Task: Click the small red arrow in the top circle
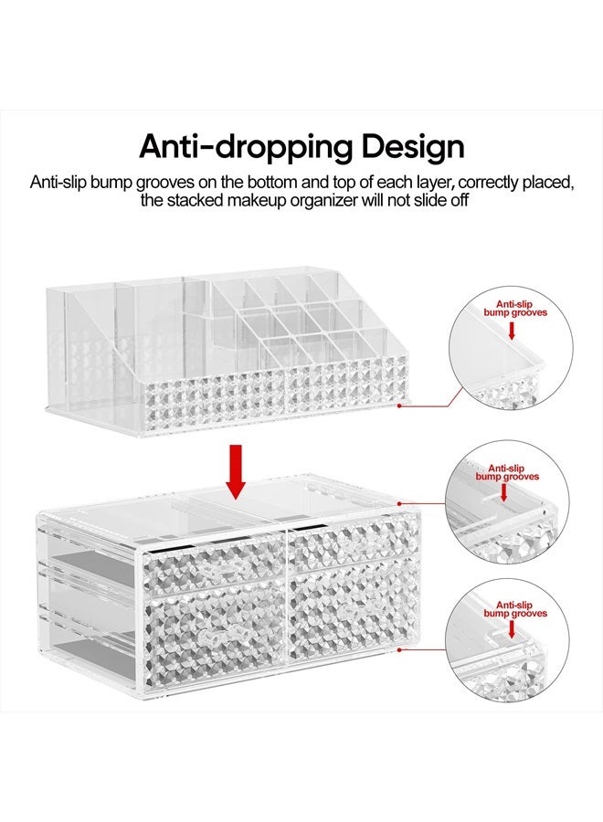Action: click(511, 332)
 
